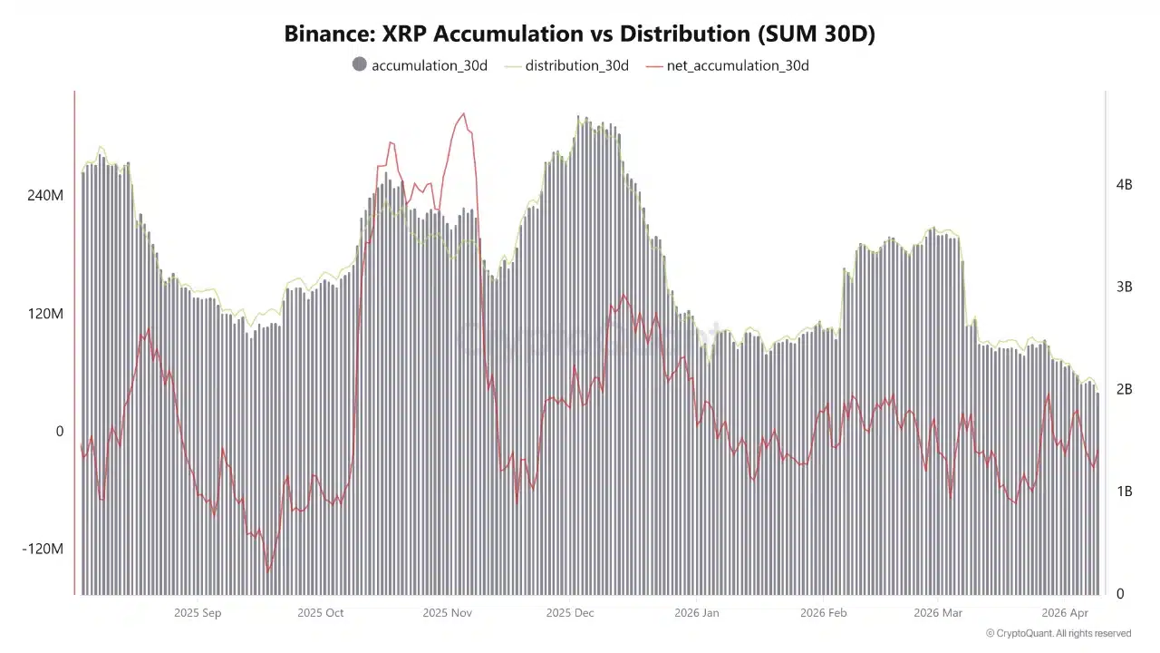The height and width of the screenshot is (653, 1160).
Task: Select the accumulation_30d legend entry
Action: tap(430, 65)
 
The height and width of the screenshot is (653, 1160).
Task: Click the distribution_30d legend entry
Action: tap(576, 65)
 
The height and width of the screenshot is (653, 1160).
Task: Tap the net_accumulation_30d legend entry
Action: tap(737, 65)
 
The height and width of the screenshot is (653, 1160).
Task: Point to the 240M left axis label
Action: tap(45, 195)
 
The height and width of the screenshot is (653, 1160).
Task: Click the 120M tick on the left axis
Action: tap(45, 314)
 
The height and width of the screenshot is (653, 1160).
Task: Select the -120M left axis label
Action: tap(43, 549)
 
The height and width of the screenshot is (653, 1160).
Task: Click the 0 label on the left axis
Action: tap(60, 432)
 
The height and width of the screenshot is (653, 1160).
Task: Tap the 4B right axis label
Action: tap(1124, 185)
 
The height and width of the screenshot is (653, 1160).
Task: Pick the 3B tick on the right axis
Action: tap(1124, 288)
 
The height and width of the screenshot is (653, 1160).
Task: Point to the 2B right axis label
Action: tap(1124, 390)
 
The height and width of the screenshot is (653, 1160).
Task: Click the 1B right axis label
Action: tap(1124, 492)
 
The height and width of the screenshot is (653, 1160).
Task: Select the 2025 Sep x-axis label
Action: tap(198, 613)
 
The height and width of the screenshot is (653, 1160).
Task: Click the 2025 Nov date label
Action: tap(448, 613)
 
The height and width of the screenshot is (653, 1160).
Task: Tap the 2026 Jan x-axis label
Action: tap(697, 613)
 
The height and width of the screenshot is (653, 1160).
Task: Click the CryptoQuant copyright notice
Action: tap(1058, 633)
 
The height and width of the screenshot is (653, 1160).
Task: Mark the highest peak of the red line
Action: tap(463, 114)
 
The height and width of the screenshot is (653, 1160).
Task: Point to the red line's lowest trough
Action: tap(268, 571)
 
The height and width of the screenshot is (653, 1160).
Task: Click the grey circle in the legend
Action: tap(360, 64)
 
